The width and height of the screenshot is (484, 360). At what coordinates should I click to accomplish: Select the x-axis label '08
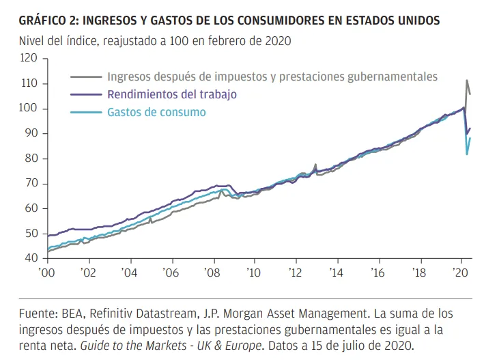[212, 271]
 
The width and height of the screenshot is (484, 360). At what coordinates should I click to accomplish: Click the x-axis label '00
[46, 271]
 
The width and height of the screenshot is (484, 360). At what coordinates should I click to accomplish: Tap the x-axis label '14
[337, 271]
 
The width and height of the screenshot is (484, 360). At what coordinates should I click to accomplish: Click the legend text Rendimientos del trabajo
[171, 95]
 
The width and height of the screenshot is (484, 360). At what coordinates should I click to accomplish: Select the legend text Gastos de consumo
[156, 112]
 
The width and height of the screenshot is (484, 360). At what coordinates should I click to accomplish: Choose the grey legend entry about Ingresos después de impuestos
[272, 77]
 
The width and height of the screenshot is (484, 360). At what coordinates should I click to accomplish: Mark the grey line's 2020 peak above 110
[467, 81]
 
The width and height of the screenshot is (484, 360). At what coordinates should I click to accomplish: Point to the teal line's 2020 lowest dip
[467, 154]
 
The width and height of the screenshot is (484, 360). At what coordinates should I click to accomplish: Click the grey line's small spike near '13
[315, 165]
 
